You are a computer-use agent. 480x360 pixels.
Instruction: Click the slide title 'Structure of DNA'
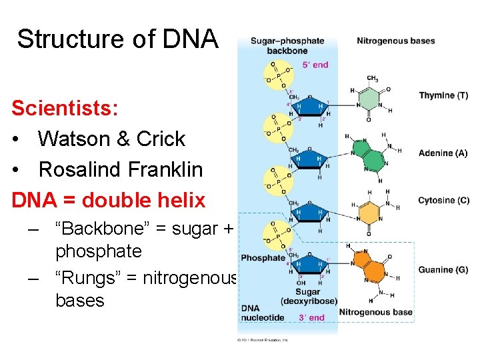click(x=117, y=39)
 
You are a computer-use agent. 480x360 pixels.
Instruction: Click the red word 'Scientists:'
click(x=55, y=108)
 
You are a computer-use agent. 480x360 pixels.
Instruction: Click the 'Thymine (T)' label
click(x=443, y=95)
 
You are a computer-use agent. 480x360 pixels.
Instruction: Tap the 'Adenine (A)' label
click(x=443, y=153)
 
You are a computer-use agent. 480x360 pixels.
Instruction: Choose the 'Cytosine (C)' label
click(x=443, y=200)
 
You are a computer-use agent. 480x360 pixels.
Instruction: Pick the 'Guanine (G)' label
click(x=443, y=269)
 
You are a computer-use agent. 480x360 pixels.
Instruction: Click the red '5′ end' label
click(x=315, y=65)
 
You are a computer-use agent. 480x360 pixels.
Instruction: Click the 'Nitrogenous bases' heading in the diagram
click(x=395, y=41)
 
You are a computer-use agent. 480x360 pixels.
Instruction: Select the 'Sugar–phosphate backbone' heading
click(x=287, y=45)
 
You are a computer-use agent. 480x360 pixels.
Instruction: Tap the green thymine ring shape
click(x=368, y=104)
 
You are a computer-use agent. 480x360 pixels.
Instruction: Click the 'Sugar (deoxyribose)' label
click(x=308, y=297)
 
